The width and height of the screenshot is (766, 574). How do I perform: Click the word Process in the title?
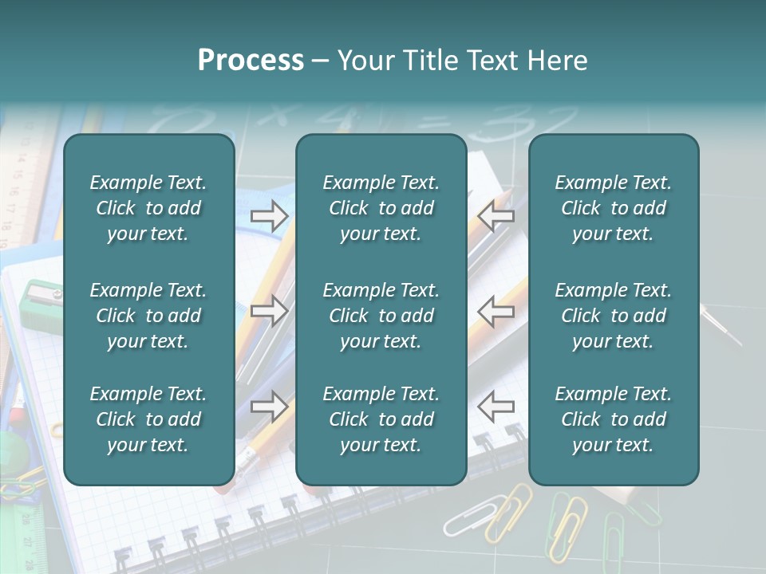251,61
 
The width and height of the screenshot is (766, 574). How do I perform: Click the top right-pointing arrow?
269,216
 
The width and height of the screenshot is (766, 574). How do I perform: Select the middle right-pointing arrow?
269,311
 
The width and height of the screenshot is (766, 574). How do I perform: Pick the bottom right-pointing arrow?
269,407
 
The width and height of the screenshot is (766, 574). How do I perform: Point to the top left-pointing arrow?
496,216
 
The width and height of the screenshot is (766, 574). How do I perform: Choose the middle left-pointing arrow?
496,311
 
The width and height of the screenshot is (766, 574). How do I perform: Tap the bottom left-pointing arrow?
496,407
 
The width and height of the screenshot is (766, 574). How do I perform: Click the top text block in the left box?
148,208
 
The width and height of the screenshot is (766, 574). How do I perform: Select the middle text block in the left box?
148,316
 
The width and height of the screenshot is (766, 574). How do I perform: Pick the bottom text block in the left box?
148,419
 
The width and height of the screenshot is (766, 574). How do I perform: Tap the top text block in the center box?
381,208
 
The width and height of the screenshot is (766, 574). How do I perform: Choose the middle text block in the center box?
381,316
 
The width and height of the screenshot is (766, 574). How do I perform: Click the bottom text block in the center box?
381,419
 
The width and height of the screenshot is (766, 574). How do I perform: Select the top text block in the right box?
614,208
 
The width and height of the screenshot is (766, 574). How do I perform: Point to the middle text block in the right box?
614,316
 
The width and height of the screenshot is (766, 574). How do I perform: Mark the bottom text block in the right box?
614,419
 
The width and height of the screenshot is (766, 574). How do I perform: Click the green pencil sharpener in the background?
40,303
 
